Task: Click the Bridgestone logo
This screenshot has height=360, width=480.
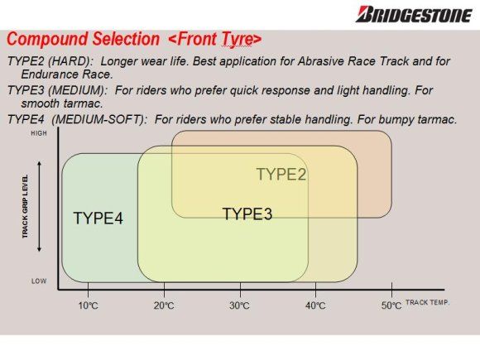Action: click(x=414, y=15)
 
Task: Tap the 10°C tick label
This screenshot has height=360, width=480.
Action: click(x=89, y=305)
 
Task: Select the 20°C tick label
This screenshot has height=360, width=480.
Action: click(x=164, y=305)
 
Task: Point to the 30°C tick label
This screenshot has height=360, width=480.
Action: click(x=239, y=305)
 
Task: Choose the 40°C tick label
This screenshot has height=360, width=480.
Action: click(x=315, y=305)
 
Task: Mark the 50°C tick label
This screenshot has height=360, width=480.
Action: click(x=391, y=305)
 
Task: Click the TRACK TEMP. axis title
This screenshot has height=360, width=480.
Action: click(x=427, y=302)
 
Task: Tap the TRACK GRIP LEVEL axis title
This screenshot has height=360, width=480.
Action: click(x=25, y=206)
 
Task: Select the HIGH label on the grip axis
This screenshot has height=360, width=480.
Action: click(x=39, y=133)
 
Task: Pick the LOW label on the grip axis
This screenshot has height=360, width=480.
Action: click(x=39, y=281)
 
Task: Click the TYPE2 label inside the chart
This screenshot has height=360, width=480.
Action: click(x=281, y=174)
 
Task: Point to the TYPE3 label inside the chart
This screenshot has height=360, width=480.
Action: click(x=247, y=214)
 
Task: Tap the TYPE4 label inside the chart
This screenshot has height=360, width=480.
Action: click(x=98, y=218)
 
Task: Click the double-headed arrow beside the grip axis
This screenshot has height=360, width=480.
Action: click(x=39, y=207)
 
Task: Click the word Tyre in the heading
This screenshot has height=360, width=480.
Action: click(x=235, y=40)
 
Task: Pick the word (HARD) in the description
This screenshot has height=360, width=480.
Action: click(x=70, y=61)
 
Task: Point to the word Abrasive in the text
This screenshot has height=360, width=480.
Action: click(x=321, y=61)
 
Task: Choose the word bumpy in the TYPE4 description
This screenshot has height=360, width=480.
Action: click(x=396, y=120)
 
